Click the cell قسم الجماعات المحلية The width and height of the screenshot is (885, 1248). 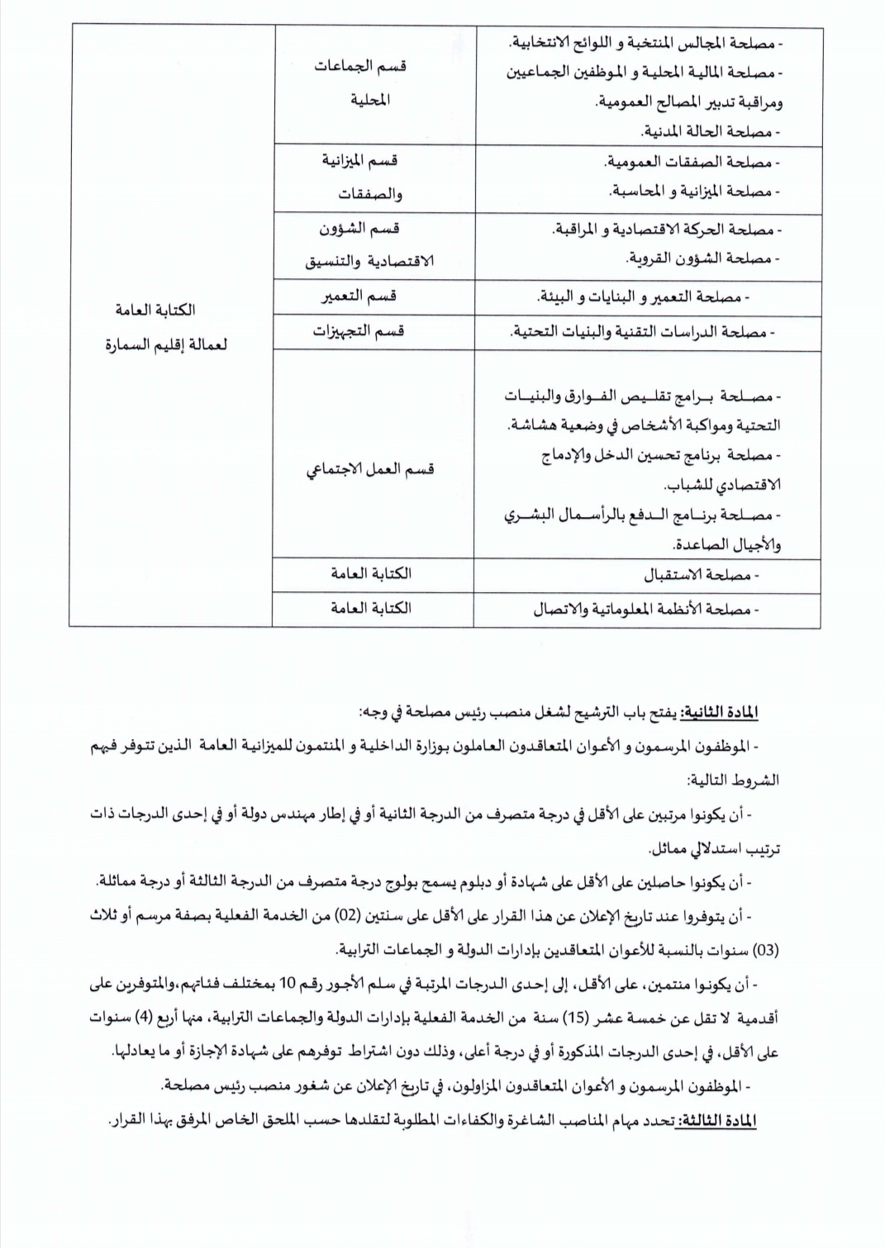(x=374, y=84)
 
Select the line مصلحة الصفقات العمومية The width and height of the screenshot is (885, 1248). (x=694, y=162)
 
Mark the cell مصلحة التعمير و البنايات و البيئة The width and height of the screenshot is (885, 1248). (x=645, y=297)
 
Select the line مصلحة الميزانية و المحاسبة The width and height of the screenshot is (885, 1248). (x=694, y=192)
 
